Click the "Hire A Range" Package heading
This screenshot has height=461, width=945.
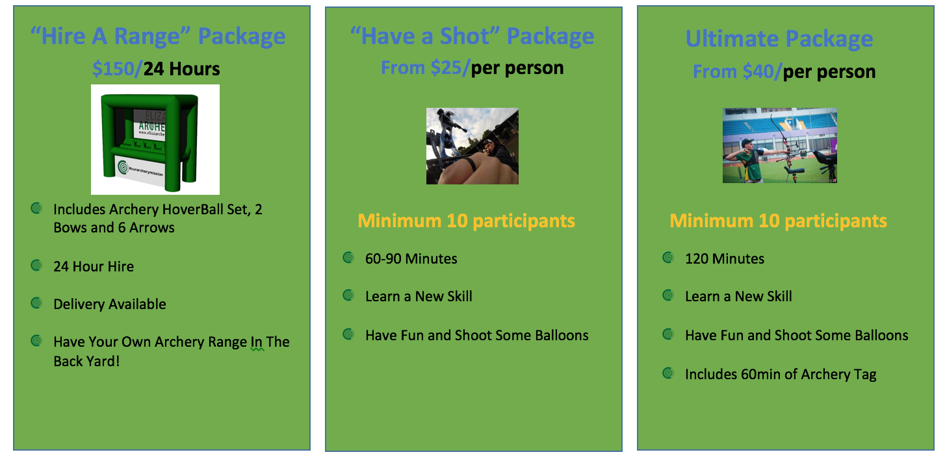coord(158,36)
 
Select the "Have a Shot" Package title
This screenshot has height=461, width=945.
coord(472,36)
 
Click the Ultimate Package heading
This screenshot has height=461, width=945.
coord(779,39)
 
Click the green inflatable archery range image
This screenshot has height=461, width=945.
coord(155,140)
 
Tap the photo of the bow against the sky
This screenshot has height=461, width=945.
coord(472,146)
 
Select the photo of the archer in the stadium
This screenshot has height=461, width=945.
coord(780,145)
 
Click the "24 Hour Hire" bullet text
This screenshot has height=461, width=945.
coord(94,266)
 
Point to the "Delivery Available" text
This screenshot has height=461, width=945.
coord(110,304)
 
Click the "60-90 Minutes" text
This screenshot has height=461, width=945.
coord(411,258)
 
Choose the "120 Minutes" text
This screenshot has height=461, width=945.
coord(725,258)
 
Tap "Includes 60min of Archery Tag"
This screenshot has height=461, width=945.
coord(781,374)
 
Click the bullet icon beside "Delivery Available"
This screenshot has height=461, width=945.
coord(36,303)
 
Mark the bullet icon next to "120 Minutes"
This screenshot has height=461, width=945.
coord(668,257)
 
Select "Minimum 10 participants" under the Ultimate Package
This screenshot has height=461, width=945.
coord(779,221)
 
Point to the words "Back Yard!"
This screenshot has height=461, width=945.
coord(86,361)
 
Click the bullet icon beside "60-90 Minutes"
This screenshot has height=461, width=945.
coord(348,257)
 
